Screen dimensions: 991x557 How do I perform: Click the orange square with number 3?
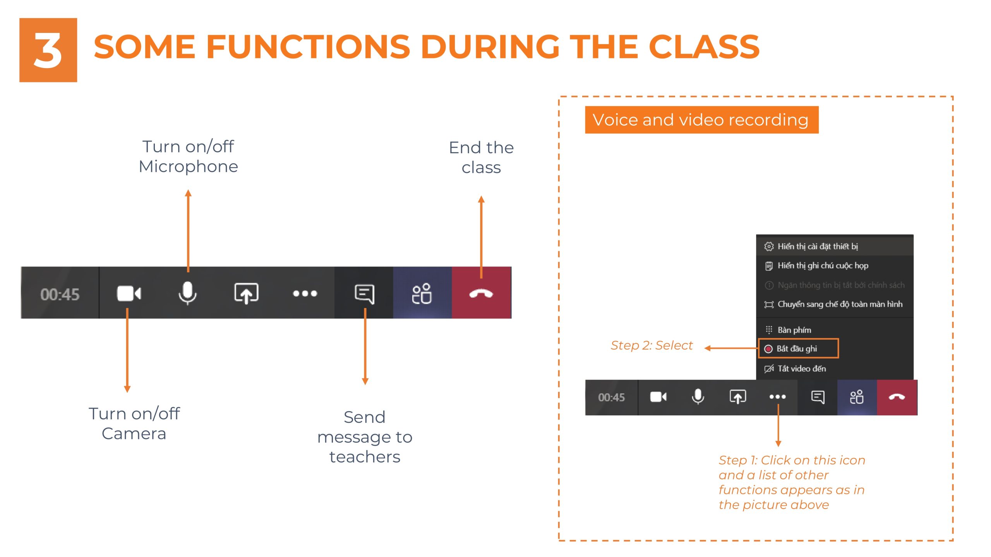click(48, 50)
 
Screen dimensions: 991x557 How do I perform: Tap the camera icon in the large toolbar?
click(129, 293)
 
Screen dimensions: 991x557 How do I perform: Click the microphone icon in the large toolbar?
click(187, 293)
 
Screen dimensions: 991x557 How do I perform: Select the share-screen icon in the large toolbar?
click(246, 293)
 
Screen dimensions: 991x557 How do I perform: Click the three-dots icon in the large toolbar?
click(305, 294)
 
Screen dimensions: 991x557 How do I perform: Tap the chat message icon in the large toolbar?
click(364, 294)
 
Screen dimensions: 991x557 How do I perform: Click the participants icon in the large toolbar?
click(422, 294)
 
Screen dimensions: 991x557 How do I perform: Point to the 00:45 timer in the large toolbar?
click(60, 294)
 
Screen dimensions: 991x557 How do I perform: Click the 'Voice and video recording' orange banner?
click(701, 120)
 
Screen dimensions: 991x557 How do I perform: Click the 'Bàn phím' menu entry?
click(794, 330)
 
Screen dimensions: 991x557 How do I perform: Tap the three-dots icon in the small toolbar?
click(777, 397)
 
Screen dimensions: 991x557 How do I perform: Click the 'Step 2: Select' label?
click(652, 345)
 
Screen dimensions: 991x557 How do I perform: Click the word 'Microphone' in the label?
click(188, 167)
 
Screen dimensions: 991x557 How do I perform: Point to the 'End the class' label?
click(481, 157)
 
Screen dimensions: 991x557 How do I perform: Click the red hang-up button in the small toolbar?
click(897, 397)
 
